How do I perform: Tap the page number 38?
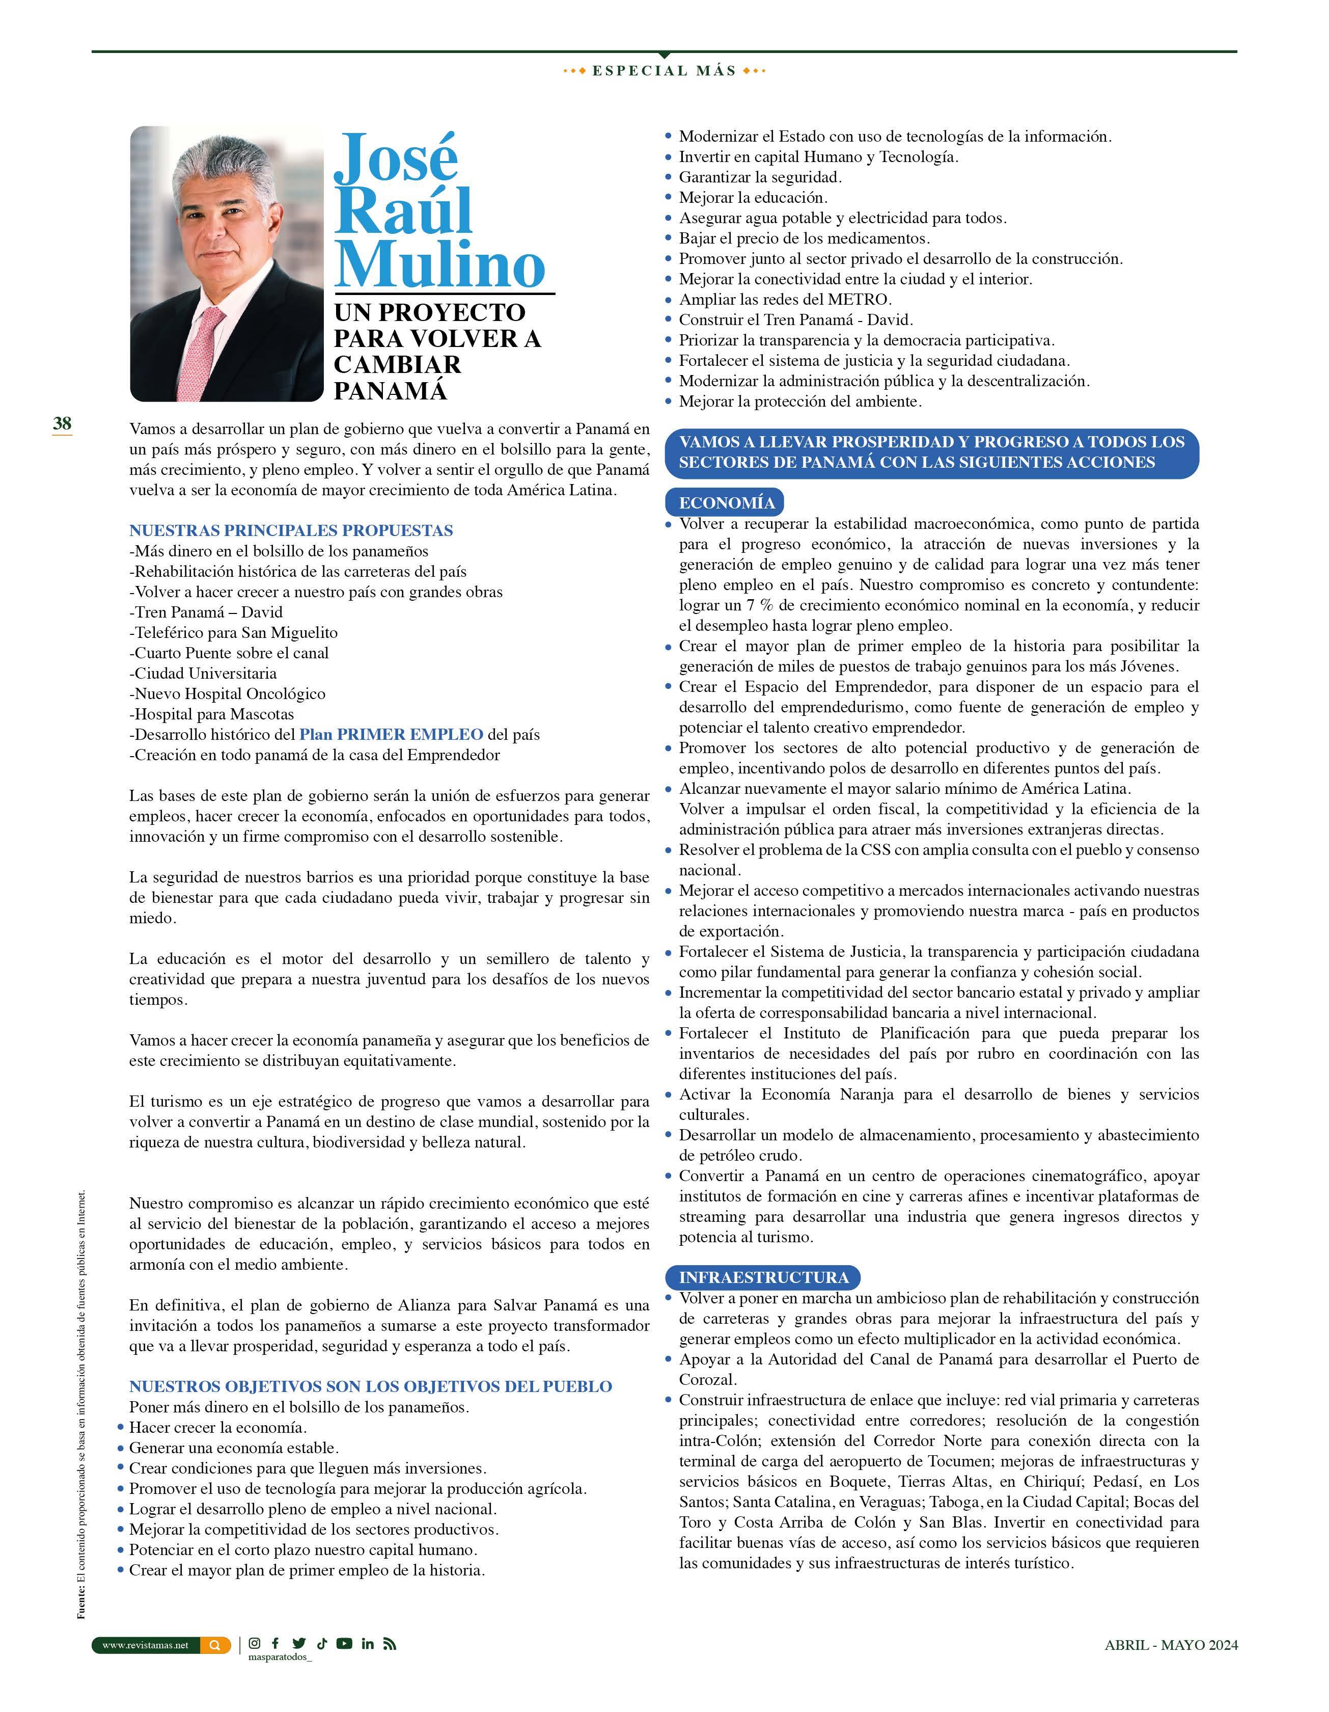tap(62, 423)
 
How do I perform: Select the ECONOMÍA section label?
tap(726, 502)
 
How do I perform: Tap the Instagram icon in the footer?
tap(255, 1644)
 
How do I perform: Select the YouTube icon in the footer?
tap(344, 1644)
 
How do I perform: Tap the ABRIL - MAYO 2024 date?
tap(1171, 1645)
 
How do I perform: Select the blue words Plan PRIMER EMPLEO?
tap(391, 735)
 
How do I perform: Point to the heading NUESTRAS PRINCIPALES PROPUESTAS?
tap(291, 531)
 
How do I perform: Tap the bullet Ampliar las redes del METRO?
tap(784, 300)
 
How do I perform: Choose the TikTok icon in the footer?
tap(321, 1644)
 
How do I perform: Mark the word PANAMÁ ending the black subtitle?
tap(390, 390)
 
